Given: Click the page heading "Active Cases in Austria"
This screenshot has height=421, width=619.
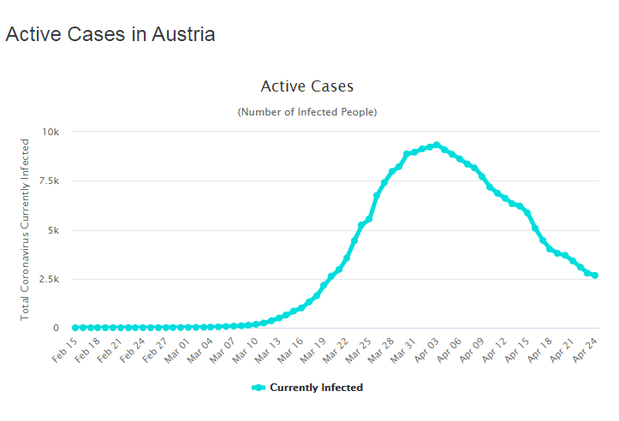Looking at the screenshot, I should pos(110,34).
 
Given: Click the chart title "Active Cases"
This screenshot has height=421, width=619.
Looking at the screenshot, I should pos(307,86).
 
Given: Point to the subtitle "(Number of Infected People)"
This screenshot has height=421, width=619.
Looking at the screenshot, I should pos(307,112).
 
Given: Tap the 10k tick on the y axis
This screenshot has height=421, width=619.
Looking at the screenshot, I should pos(50,132).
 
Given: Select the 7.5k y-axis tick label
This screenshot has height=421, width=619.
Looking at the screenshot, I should pos(47,181).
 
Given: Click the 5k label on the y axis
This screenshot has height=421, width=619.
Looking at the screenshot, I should pos(51,230).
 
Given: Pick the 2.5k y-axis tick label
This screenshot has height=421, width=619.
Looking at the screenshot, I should pos(47,280).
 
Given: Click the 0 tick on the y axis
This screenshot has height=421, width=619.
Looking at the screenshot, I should pos(56,329).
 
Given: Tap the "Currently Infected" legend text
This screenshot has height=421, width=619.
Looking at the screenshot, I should pos(316,388).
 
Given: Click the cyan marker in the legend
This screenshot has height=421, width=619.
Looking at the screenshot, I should pos(259,388).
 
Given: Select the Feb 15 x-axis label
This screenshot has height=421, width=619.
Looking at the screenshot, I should pos(66,350).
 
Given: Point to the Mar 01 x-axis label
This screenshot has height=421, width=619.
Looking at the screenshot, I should pos(180,350).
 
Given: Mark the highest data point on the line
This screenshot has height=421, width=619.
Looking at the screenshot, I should pos(437,145).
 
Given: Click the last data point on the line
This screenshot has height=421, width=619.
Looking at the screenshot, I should pos(595,276).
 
